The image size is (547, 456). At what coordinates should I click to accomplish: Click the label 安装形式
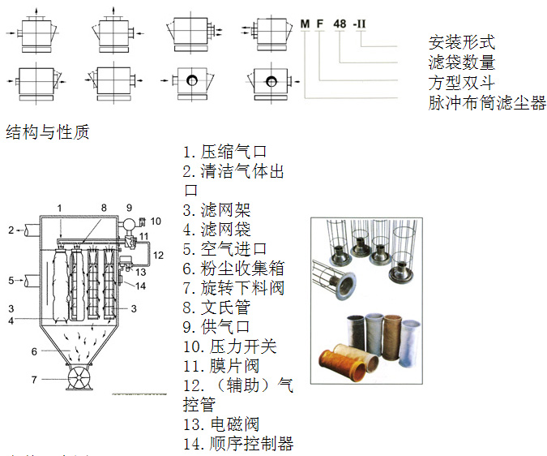coord(461,42)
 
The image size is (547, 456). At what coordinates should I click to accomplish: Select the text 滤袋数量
coord(461,62)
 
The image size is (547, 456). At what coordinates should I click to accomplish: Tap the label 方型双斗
coord(461,83)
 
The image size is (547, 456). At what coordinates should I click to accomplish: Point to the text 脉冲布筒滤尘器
coord(487,103)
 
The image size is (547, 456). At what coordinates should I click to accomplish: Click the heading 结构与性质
coord(47,131)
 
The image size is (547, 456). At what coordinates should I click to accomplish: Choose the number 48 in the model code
coord(340,24)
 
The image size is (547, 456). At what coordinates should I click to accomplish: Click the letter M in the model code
coord(306,24)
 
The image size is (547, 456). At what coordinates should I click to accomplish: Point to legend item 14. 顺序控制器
coord(238,444)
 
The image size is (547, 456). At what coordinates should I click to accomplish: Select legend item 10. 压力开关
coord(230,346)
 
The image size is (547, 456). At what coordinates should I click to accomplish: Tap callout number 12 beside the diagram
coord(158,255)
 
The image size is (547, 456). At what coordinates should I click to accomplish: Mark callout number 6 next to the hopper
coord(33,351)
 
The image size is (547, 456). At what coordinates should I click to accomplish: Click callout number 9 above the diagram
coord(128,209)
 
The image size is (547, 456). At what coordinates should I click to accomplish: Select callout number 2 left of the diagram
coord(11,230)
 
